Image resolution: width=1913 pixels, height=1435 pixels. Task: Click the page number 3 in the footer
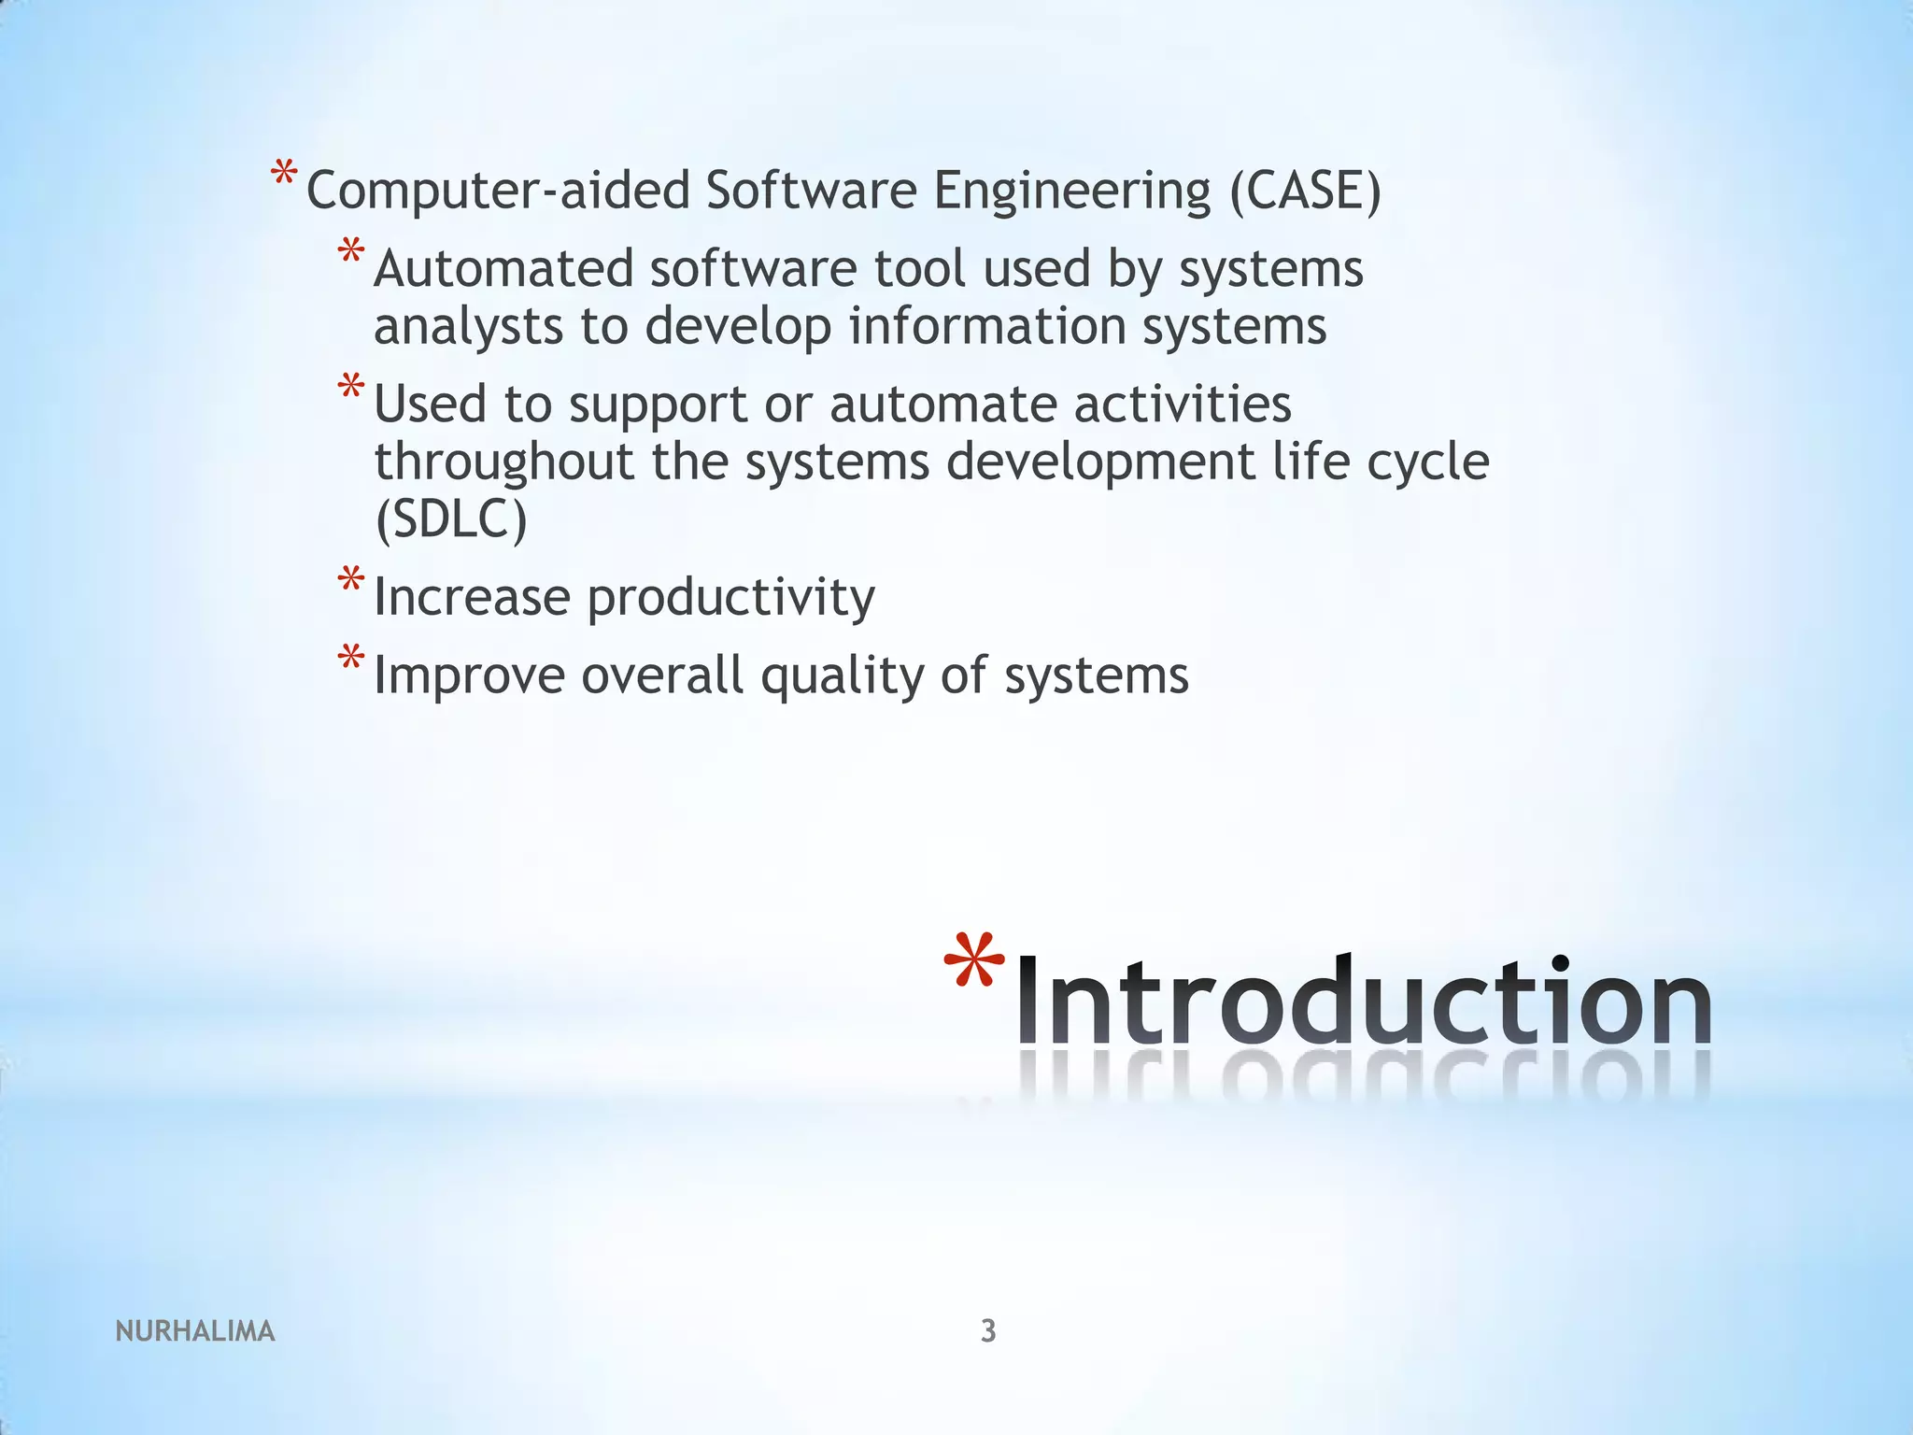988,1330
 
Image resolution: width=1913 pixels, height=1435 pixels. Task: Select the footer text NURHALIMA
195,1331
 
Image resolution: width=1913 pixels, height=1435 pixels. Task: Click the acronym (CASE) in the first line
1305,191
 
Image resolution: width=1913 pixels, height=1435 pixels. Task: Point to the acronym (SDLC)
451,519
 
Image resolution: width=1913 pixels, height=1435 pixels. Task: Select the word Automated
503,269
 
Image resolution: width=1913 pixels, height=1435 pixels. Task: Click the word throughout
504,462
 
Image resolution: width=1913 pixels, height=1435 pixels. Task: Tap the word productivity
731,599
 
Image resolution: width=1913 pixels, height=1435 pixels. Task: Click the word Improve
469,676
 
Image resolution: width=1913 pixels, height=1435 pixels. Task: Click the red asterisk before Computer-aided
284,174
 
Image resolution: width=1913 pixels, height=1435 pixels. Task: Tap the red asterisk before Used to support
351,387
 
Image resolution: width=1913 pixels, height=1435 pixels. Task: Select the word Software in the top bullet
812,191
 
